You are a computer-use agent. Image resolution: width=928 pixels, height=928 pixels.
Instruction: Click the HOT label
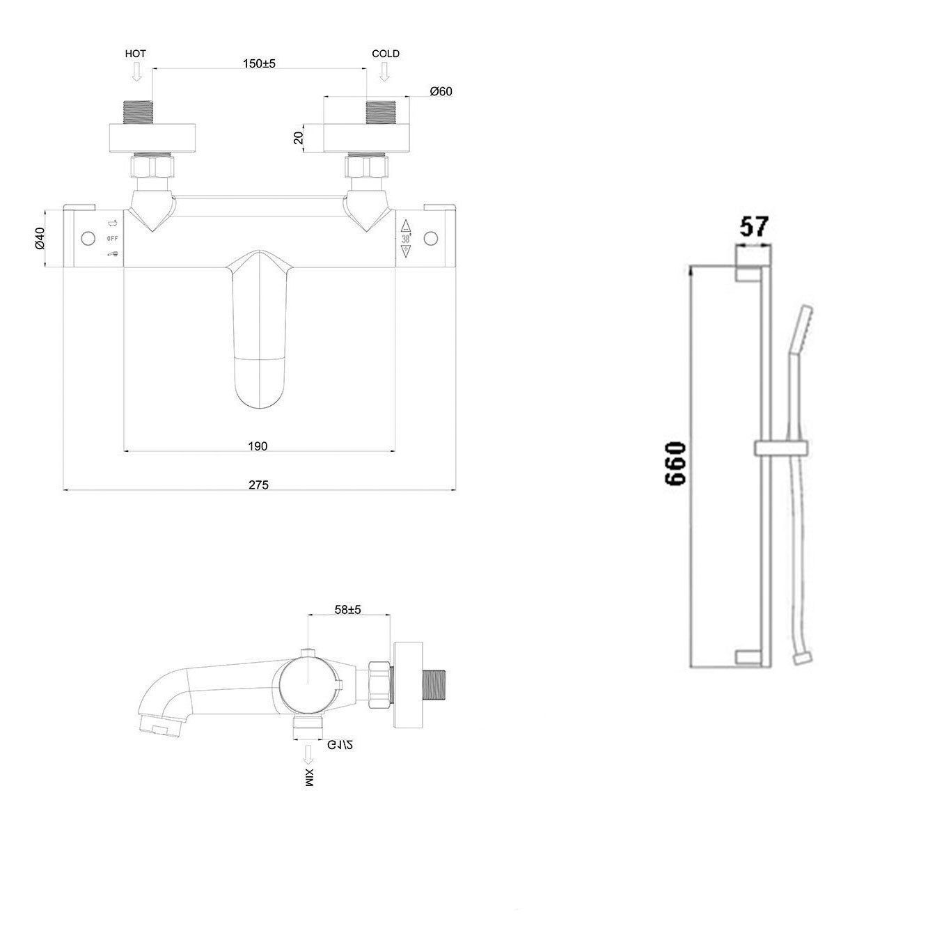(135, 54)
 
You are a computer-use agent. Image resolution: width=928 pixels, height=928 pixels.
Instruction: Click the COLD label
(386, 54)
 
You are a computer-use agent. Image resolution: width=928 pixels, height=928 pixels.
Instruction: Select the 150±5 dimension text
(260, 63)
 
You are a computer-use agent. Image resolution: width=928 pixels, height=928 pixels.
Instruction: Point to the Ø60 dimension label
(441, 91)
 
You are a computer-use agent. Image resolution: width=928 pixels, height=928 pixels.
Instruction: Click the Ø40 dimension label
(40, 238)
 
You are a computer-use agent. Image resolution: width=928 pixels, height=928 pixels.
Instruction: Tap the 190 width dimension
(258, 446)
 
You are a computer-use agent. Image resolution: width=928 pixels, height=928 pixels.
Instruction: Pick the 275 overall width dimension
(258, 485)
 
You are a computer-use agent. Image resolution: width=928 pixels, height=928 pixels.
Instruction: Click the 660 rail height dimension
(675, 463)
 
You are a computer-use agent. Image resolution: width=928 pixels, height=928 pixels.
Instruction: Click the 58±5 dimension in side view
(348, 609)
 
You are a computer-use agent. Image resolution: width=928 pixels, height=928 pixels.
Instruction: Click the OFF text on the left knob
(113, 239)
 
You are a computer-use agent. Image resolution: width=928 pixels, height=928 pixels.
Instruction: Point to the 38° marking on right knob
(406, 238)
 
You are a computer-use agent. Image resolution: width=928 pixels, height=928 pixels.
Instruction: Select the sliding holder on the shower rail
(780, 447)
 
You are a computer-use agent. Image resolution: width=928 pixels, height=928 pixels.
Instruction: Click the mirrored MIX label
(308, 778)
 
